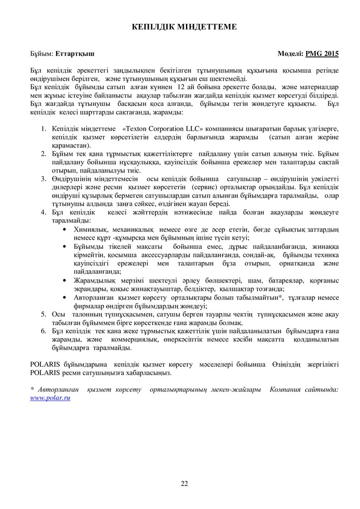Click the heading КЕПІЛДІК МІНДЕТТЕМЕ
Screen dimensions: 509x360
pyautogui.click(x=181, y=27)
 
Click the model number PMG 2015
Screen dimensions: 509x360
pyautogui.click(x=322, y=53)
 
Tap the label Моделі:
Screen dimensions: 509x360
pyautogui.click(x=290, y=53)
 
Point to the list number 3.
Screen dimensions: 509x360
pyautogui.click(x=44, y=179)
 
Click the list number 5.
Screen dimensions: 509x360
pyautogui.click(x=44, y=315)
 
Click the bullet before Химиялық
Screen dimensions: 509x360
pyautogui.click(x=63, y=230)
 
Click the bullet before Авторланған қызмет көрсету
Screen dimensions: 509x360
pyautogui.click(x=63, y=298)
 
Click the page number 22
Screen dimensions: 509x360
pyautogui.click(x=184, y=483)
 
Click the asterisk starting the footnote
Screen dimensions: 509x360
pyautogui.click(x=32, y=389)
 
